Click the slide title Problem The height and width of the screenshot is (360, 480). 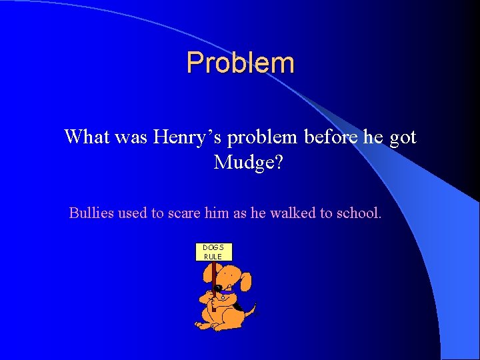[240, 63]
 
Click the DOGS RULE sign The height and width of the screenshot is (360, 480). [213, 252]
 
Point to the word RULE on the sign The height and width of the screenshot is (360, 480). [213, 257]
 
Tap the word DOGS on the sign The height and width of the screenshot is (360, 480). [213, 247]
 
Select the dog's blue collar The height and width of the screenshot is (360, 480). [229, 294]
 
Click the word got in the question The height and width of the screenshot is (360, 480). [402, 137]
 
